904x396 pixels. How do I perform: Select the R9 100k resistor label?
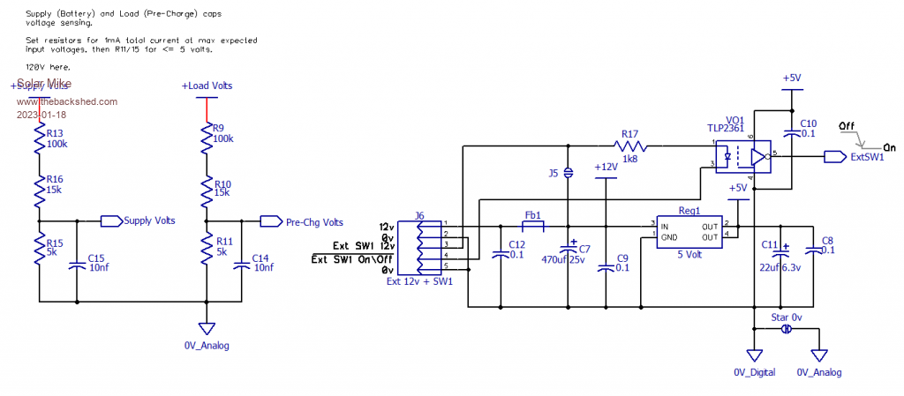[224, 134]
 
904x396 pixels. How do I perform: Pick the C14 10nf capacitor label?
[262, 263]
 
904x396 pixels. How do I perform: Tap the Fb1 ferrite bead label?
[532, 214]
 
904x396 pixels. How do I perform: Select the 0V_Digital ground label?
[754, 372]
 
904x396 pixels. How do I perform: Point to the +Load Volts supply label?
[207, 86]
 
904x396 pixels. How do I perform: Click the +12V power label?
[605, 167]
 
